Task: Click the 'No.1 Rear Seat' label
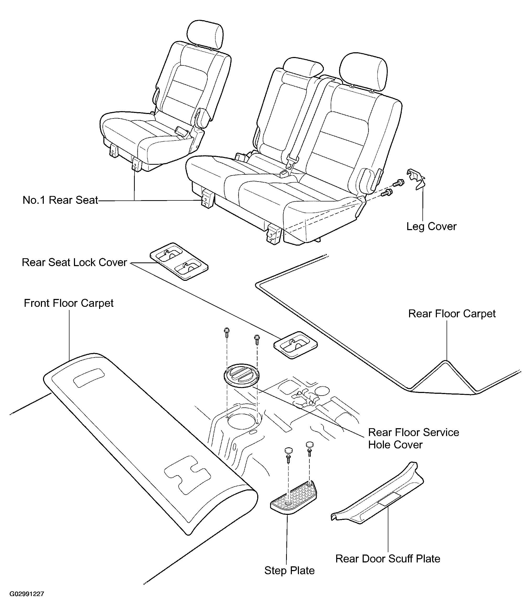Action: pos(60,200)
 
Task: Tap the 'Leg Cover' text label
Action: pos(431,226)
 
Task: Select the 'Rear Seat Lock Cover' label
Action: pos(74,262)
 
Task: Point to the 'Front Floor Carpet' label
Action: pos(68,303)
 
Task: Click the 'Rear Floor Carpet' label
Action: pos(452,314)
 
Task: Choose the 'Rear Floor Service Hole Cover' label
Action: pos(413,438)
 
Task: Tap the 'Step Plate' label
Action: pos(289,571)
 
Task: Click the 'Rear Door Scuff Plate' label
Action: pos(387,559)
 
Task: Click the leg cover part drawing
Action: pos(416,178)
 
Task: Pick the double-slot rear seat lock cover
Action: pos(179,261)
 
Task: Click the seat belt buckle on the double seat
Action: pos(285,173)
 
